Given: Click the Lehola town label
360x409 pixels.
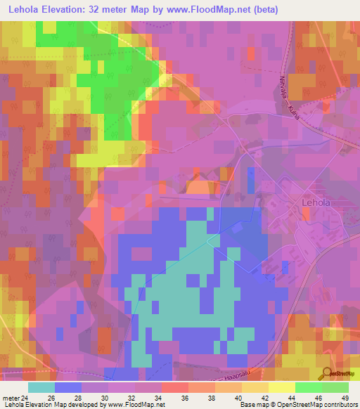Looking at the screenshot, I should (316, 202).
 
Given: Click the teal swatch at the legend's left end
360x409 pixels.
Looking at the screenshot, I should (41, 387).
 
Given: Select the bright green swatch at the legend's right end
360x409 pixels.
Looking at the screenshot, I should (335, 387).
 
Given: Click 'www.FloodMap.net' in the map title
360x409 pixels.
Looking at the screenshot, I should (210, 10).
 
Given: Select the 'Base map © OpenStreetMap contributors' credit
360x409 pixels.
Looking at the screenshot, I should (297, 405).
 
